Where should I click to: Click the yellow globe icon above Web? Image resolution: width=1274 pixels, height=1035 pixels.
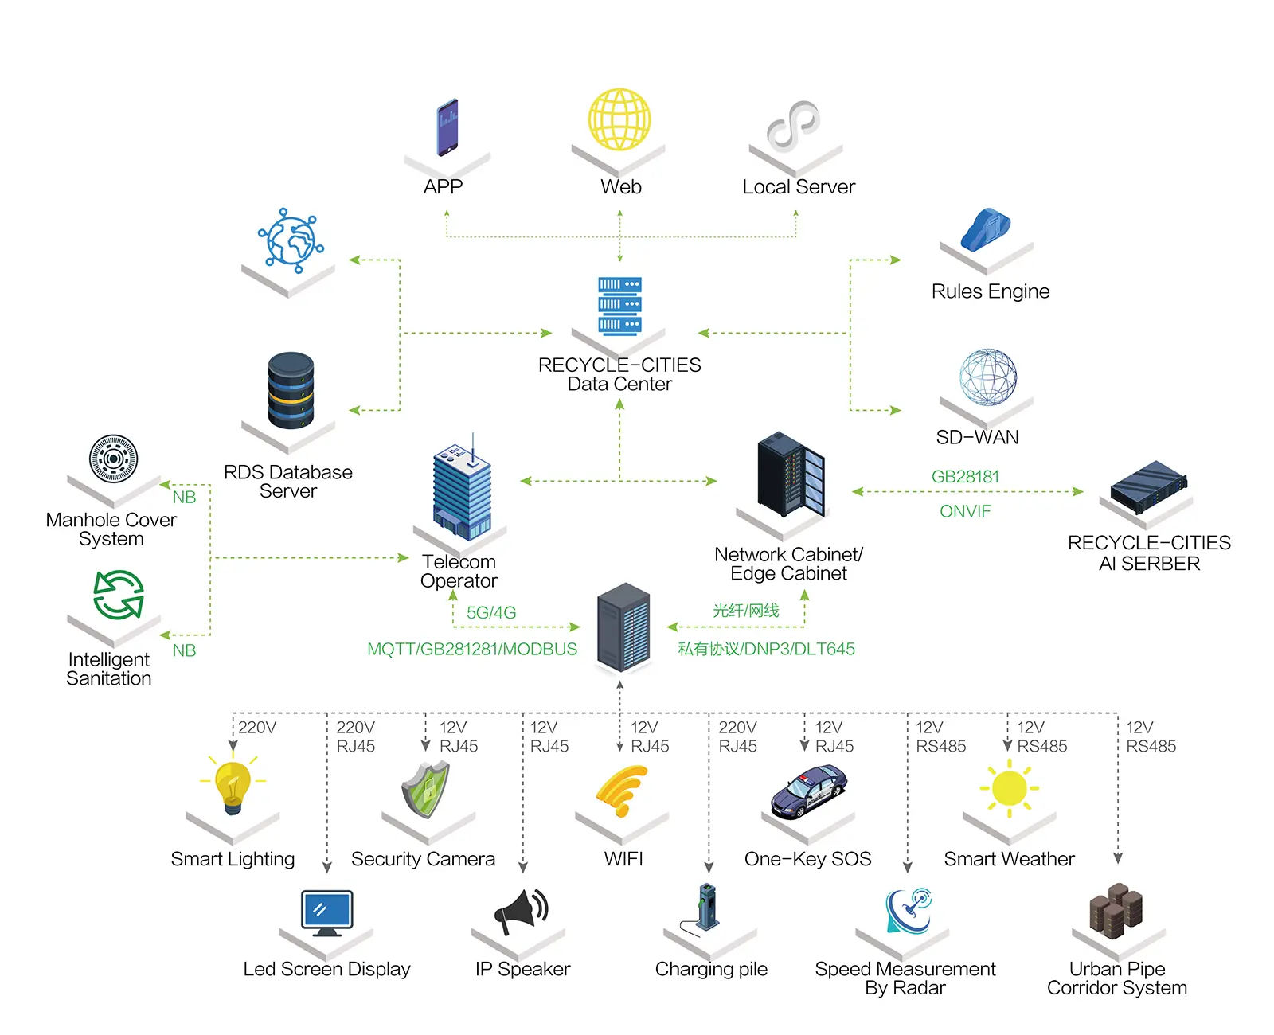(x=619, y=119)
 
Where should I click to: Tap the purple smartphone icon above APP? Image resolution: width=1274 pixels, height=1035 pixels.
(x=447, y=127)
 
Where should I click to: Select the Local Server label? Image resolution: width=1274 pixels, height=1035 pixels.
(x=799, y=187)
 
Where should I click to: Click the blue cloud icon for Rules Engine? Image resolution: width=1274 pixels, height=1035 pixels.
(x=985, y=230)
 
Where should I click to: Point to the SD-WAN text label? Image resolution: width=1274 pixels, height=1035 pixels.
(x=977, y=437)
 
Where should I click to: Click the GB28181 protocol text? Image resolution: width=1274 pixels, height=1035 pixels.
(x=965, y=477)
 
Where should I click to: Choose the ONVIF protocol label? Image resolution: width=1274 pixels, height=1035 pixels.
(x=965, y=511)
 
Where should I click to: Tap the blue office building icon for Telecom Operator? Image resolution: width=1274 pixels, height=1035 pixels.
(x=462, y=490)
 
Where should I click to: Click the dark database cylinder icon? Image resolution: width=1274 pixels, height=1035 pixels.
(x=291, y=391)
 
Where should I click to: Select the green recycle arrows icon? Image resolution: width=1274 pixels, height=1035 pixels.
(x=118, y=595)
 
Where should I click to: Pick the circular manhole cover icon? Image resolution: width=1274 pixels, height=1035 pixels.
(x=113, y=459)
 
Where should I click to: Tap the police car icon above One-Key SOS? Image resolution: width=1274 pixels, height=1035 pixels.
(x=809, y=791)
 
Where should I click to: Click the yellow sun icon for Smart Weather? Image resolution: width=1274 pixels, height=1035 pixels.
(x=1010, y=788)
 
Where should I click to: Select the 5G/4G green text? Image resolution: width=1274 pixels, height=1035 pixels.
(x=491, y=613)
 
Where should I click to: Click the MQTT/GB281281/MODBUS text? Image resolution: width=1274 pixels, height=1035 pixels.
(x=472, y=649)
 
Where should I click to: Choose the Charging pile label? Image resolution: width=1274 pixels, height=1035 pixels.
(x=711, y=969)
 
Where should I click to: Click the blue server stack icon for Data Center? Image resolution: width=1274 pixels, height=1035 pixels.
(x=619, y=307)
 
